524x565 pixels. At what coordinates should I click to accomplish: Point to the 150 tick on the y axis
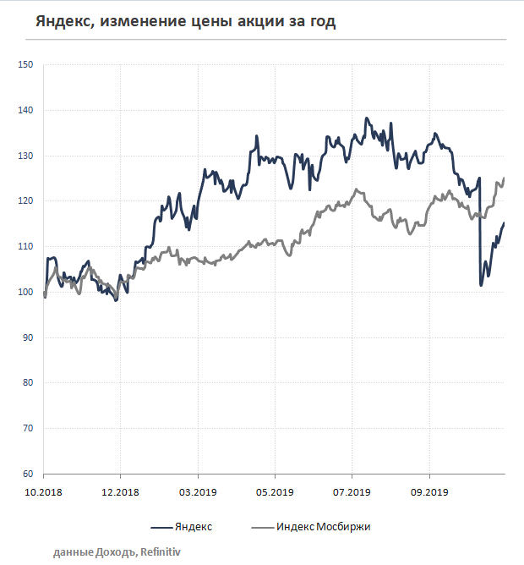pos(25,65)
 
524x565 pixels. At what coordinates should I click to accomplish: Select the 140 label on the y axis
pos(25,111)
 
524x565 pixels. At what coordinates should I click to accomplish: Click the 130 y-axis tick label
pos(25,156)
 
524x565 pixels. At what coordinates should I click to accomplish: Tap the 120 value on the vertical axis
pos(25,201)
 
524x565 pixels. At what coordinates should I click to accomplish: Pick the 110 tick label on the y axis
pos(25,247)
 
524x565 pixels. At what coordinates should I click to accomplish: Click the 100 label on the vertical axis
pos(25,293)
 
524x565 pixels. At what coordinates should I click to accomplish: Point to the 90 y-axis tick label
pos(28,337)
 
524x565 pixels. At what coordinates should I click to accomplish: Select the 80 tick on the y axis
pos(28,383)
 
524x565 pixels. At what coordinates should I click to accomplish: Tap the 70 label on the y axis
pos(28,429)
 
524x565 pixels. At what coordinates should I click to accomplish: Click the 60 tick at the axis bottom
pos(28,474)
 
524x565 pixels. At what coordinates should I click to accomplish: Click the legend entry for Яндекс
pos(193,527)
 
